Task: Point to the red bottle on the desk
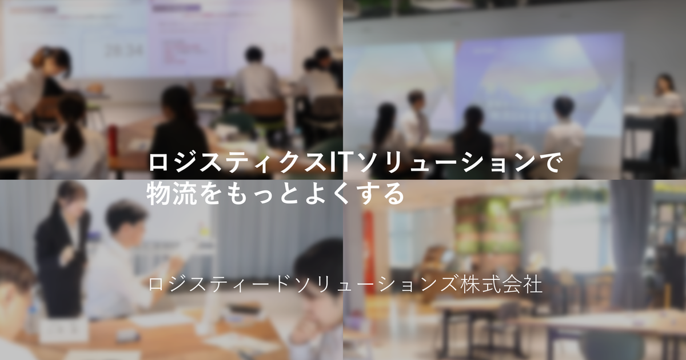click(113, 141)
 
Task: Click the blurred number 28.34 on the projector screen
click(124, 50)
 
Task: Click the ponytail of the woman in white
click(73, 135)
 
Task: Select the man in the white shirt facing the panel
click(416, 119)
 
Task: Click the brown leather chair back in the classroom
click(264, 111)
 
